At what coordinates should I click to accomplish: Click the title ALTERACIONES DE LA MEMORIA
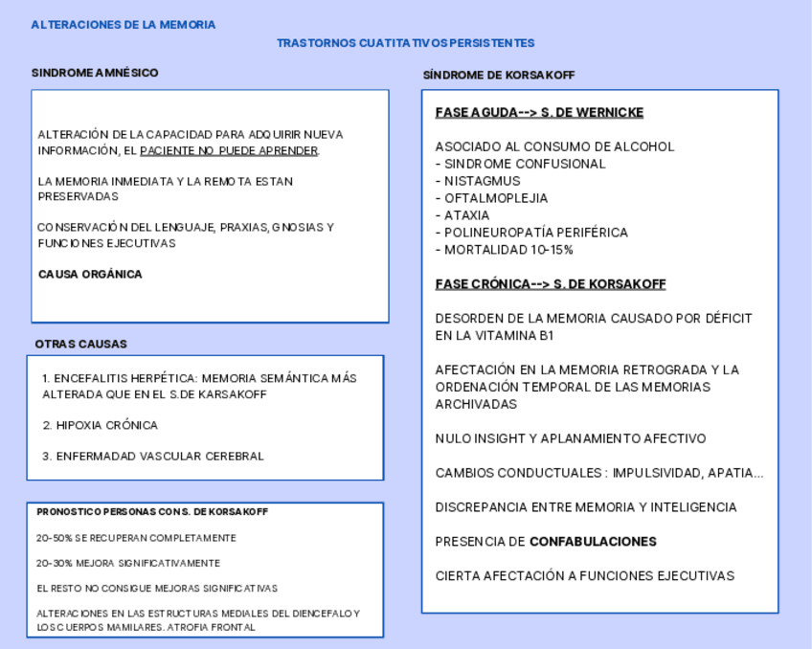coord(123,25)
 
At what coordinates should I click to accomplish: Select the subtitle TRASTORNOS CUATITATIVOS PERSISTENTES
coord(405,43)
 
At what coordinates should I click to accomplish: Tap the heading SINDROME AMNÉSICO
coord(95,73)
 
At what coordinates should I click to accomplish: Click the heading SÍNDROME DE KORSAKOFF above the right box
coord(499,76)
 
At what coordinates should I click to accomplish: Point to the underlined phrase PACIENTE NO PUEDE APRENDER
coord(229,151)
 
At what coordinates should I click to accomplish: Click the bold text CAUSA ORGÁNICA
coord(90,275)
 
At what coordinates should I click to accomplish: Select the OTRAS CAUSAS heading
coord(80,345)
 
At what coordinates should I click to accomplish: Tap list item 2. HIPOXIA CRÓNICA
coord(100,425)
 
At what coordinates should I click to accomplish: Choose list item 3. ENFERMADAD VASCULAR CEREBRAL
coord(152,457)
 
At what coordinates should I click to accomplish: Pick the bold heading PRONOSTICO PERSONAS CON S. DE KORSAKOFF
coord(152,512)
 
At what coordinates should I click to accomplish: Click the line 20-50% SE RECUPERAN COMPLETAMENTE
coord(136,538)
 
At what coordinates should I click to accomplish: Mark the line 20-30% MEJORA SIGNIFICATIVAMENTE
coord(128,564)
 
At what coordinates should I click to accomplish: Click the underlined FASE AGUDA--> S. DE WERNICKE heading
coord(539,113)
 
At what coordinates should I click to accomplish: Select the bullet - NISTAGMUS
coord(478,181)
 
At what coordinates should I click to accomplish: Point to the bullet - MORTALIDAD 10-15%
coord(504,250)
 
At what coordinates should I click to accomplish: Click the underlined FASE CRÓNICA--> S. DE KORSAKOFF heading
coord(551,284)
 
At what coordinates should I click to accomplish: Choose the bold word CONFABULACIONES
coord(593,542)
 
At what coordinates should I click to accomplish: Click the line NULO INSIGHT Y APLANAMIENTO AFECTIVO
coord(571,438)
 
